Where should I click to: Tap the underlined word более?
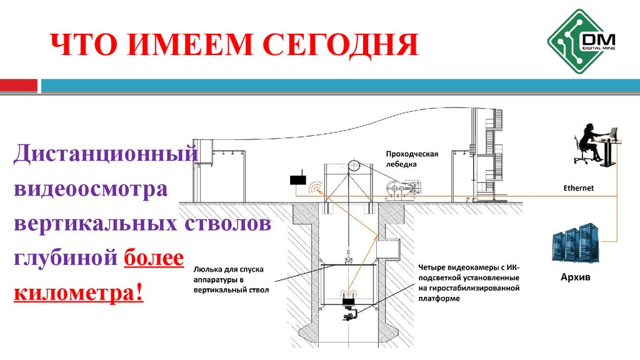(154, 257)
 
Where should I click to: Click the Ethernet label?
(578, 187)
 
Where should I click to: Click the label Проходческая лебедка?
(412, 159)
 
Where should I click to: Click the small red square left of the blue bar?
(18, 85)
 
